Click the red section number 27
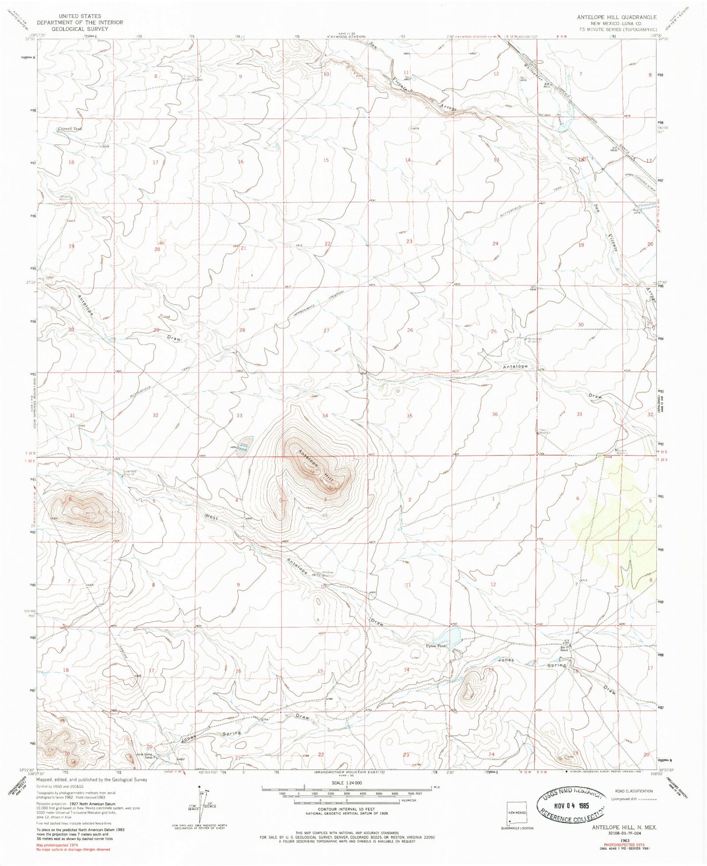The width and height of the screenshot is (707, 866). pyautogui.click(x=326, y=330)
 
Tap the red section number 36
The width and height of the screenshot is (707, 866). pyautogui.click(x=495, y=414)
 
